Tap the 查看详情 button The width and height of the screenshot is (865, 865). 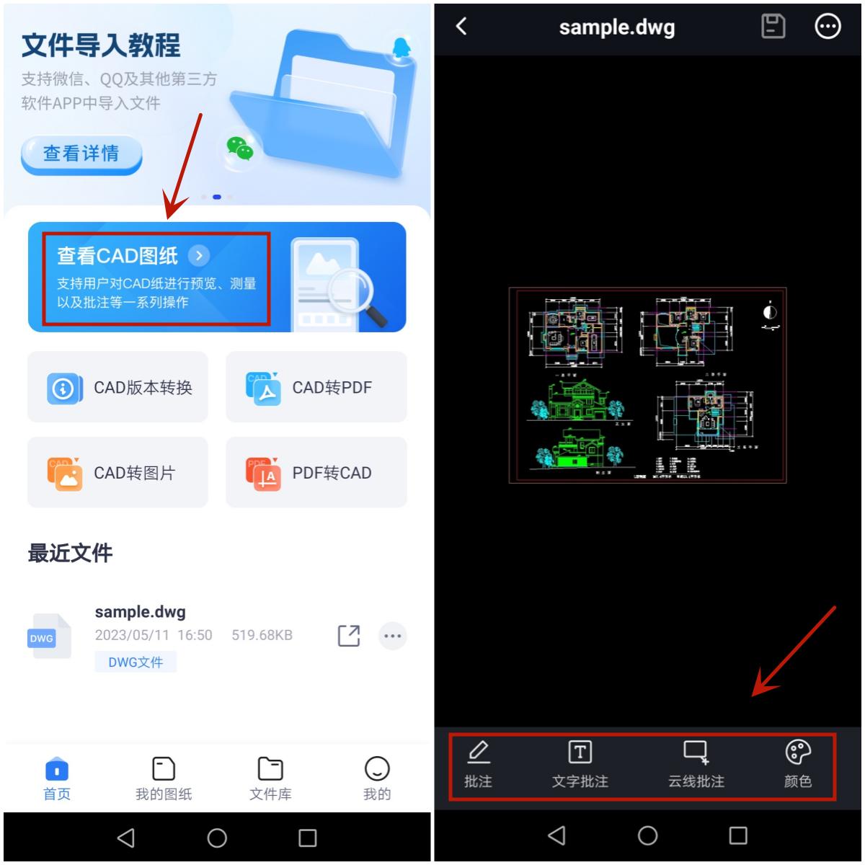(81, 154)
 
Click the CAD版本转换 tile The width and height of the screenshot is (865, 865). (117, 388)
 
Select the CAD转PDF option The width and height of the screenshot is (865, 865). (316, 388)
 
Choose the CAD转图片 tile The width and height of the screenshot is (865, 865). (117, 473)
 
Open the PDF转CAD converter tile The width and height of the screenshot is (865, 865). (316, 473)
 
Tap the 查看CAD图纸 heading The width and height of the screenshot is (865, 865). (117, 256)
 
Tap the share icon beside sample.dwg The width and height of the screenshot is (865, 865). (349, 636)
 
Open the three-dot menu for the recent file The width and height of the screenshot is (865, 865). (393, 636)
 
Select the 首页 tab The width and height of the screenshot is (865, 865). (57, 778)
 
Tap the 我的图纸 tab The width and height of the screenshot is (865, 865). (164, 778)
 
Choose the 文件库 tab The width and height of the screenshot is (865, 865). (270, 778)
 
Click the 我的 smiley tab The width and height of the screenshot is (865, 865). (377, 778)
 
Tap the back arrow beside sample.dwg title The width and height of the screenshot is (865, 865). (462, 27)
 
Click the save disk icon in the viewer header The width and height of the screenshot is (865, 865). (773, 27)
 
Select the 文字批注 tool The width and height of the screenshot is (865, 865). (580, 765)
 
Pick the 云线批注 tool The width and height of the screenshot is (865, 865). (696, 765)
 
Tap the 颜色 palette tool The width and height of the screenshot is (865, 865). (798, 765)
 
